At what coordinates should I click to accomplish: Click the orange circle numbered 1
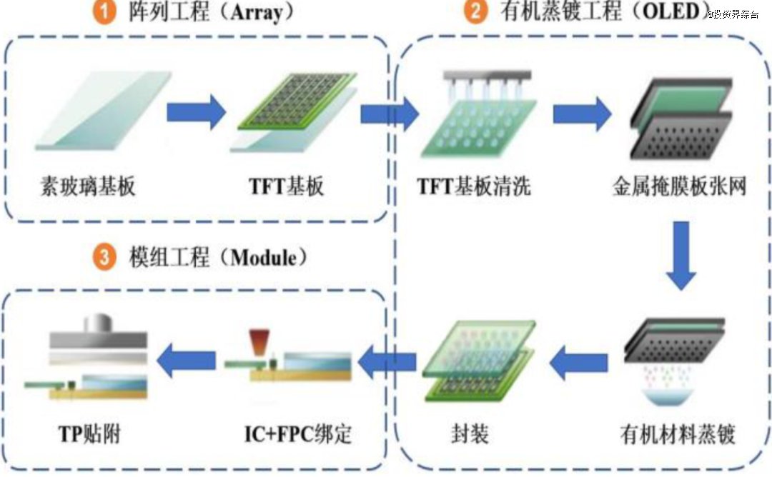click(104, 11)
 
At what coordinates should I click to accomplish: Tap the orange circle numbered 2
click(475, 11)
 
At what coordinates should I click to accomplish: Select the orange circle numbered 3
click(104, 257)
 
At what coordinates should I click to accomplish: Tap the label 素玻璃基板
click(88, 186)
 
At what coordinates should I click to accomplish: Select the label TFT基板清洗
click(474, 187)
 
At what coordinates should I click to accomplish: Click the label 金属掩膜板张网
click(680, 186)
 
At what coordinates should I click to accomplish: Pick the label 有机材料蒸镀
click(678, 434)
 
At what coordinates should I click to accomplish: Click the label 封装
click(470, 434)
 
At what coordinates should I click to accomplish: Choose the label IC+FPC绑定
click(298, 434)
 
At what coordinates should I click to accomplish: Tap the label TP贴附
click(89, 434)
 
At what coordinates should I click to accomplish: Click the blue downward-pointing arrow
click(681, 256)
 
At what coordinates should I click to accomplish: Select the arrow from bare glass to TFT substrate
click(196, 112)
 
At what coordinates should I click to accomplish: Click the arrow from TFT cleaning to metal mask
click(582, 114)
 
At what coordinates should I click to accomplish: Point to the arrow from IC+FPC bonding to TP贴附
click(186, 361)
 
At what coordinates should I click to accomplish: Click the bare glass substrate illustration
click(104, 111)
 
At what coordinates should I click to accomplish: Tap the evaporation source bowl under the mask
click(668, 396)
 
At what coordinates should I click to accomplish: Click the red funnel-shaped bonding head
click(259, 342)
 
